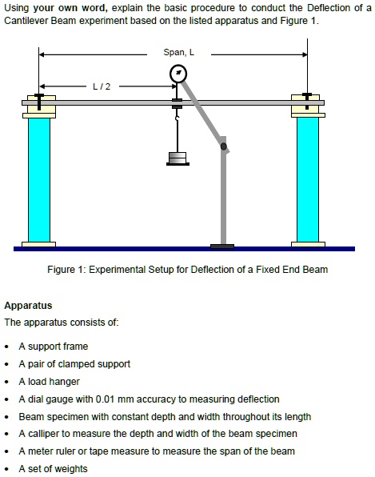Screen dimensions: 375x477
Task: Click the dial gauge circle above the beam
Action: pos(178,74)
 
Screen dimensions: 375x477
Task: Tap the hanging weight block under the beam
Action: pos(178,158)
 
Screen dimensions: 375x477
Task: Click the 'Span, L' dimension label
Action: pos(178,52)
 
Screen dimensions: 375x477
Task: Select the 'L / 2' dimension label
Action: pos(102,86)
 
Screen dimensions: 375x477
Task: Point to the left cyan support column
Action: pos(39,180)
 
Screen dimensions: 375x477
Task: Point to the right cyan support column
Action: pos(308,179)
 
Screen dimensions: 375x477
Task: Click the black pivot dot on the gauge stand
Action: pos(223,146)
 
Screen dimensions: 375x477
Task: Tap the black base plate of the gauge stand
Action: pos(222,247)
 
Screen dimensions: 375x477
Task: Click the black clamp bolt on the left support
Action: pos(39,102)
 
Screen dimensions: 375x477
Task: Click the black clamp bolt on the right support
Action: pos(307,101)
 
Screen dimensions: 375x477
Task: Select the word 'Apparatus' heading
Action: pos(28,306)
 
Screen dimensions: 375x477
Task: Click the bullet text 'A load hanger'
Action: pos(50,382)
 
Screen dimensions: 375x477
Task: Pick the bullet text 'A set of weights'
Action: pos(54,469)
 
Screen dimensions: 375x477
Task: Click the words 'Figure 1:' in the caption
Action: pos(66,270)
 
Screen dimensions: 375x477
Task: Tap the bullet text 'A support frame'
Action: pos(54,347)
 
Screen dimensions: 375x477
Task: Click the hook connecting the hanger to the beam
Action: pos(178,116)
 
